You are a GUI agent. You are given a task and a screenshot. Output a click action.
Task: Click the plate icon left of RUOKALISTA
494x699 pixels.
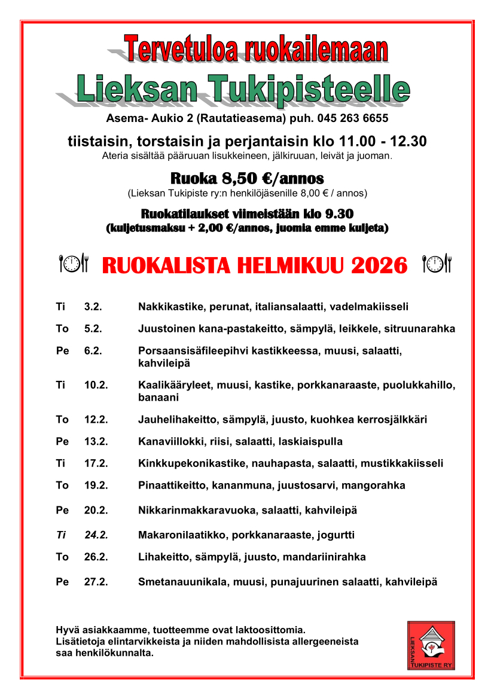(74, 264)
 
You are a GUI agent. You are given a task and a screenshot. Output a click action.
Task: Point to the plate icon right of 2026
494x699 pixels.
(437, 264)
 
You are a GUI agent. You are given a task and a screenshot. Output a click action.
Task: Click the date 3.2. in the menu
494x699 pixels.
(93, 307)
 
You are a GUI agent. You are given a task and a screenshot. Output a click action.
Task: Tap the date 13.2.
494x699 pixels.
(96, 441)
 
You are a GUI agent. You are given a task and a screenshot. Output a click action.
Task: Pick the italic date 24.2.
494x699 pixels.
(96, 535)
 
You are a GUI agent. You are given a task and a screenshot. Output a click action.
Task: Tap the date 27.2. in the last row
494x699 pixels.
(96, 581)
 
